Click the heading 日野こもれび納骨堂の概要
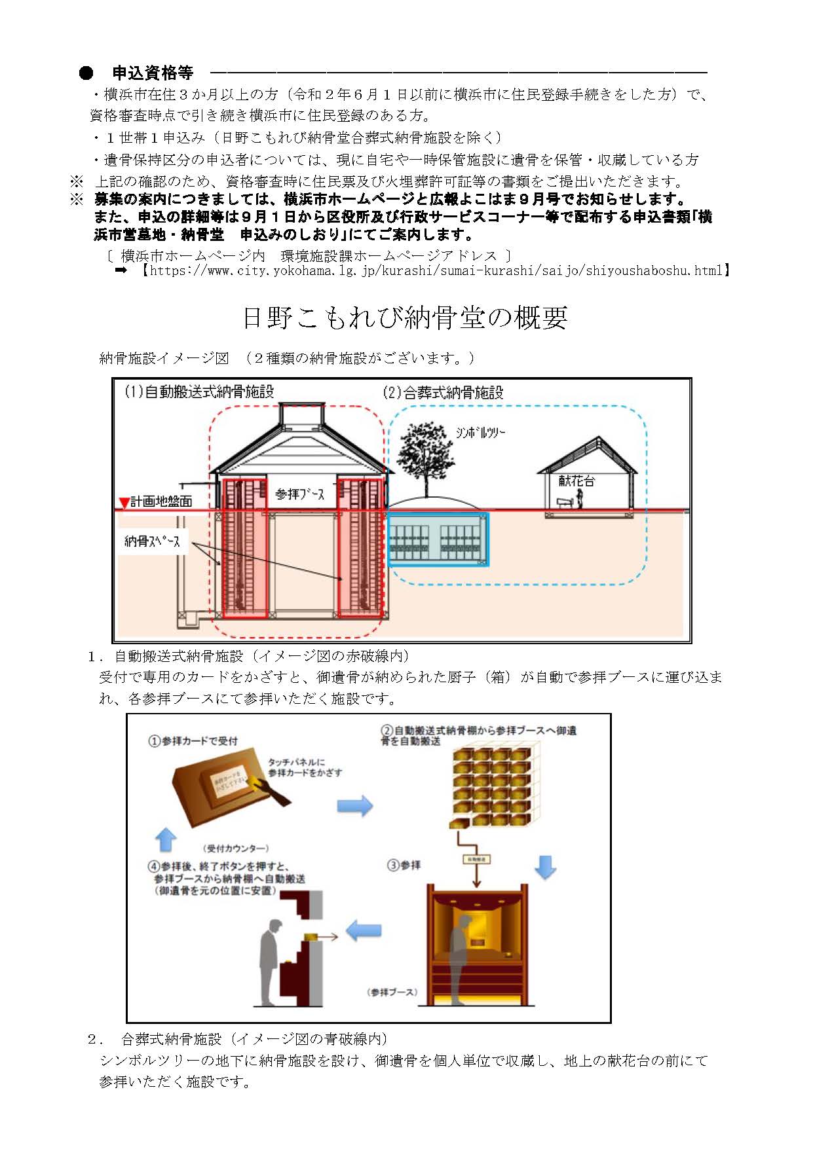click(x=404, y=318)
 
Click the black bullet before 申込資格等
click(x=86, y=73)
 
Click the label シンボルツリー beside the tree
click(x=480, y=433)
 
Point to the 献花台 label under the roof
click(x=577, y=481)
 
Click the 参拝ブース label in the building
click(x=299, y=494)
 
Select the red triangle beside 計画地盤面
click(x=123, y=503)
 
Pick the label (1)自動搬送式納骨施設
click(x=199, y=392)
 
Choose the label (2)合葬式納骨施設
click(x=443, y=393)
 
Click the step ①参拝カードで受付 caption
click(x=193, y=741)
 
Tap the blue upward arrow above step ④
click(x=166, y=839)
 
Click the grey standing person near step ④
click(x=270, y=956)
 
